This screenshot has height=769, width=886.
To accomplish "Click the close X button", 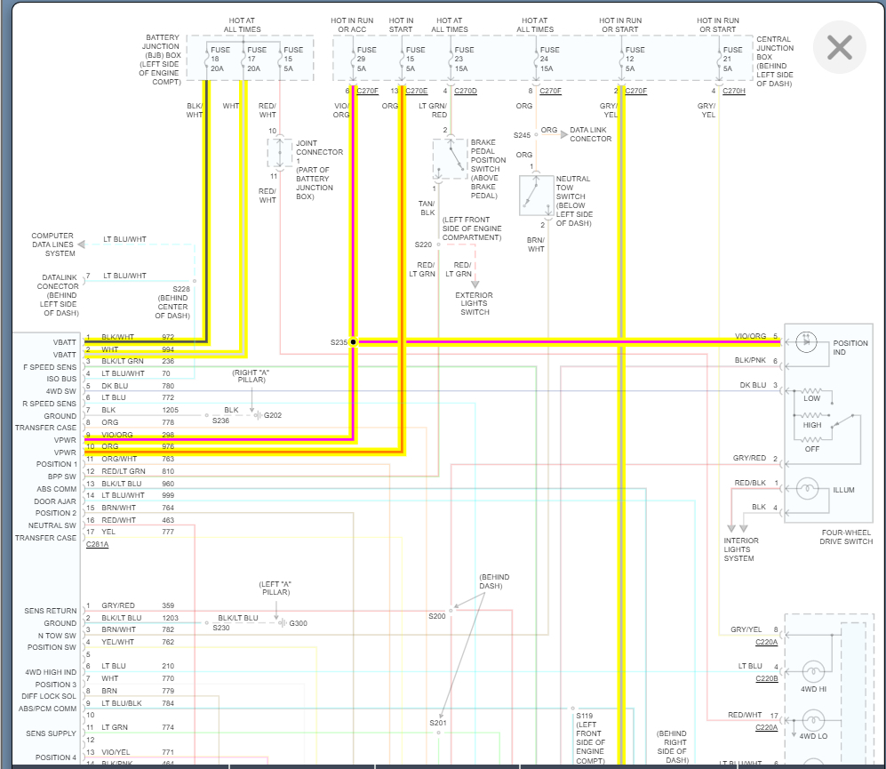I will (x=839, y=47).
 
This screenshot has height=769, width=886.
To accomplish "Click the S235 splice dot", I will (x=353, y=341).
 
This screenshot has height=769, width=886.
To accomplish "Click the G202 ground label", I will (x=274, y=415).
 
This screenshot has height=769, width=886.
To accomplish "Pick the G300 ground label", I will (x=299, y=623).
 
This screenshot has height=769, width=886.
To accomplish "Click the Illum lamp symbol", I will (x=808, y=488).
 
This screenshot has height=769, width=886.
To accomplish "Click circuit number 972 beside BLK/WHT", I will (x=168, y=337).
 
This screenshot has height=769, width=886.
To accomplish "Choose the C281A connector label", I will (x=98, y=544).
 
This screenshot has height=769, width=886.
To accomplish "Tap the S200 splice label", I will (x=436, y=616).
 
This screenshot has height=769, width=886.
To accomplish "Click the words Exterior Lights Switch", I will (x=474, y=304).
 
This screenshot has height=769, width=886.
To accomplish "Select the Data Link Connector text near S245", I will (x=590, y=134).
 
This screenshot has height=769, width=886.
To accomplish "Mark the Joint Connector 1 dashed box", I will (x=280, y=153).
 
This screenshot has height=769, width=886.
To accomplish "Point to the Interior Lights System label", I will (x=741, y=549).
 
